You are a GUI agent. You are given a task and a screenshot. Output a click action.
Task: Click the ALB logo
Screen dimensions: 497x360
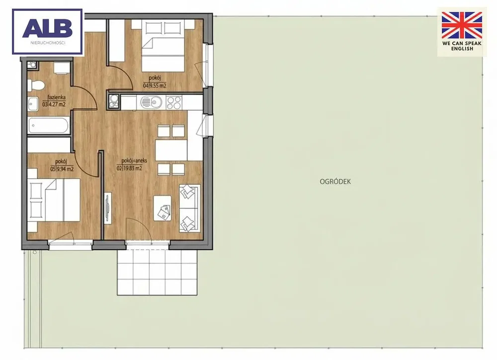[x=48, y=31]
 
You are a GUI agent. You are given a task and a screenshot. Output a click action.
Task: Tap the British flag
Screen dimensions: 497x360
[x=462, y=25]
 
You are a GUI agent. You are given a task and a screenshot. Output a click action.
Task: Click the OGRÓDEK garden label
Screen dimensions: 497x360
[x=335, y=182]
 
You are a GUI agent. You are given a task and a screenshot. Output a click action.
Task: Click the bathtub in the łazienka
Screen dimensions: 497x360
[x=49, y=126]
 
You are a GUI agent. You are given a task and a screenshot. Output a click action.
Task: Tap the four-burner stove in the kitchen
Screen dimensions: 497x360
[x=173, y=103]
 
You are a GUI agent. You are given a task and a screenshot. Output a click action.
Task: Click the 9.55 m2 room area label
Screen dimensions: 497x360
[x=155, y=85]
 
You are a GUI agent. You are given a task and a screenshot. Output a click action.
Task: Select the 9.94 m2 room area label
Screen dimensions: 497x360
[x=62, y=169]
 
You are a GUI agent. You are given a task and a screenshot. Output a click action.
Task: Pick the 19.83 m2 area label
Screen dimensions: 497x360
[x=129, y=168]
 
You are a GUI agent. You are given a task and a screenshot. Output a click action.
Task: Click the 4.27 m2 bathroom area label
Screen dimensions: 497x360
[x=54, y=104]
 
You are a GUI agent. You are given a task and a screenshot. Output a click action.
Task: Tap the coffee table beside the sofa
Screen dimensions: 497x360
[x=163, y=208]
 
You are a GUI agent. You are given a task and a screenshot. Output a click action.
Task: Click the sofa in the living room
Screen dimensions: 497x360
[x=189, y=209]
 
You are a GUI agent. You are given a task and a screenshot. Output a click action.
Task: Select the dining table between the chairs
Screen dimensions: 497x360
[x=171, y=150]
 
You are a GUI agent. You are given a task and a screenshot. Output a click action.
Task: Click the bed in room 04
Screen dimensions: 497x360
[x=163, y=46]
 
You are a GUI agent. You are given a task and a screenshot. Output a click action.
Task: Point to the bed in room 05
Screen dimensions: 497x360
[x=54, y=200]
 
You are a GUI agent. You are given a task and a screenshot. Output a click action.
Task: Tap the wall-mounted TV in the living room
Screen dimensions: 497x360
[x=108, y=208]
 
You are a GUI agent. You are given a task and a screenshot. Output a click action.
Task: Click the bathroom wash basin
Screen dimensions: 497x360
[x=33, y=104]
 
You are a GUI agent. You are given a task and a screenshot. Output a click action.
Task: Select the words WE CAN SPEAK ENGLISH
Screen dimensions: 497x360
[x=462, y=46]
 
